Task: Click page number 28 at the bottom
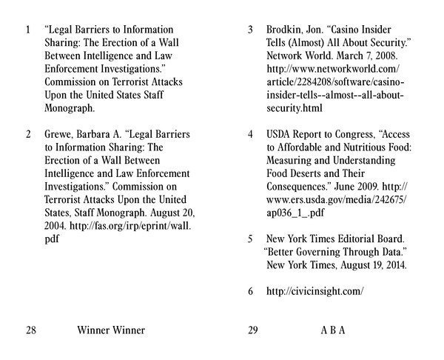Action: click(31, 330)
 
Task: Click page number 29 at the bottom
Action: click(252, 330)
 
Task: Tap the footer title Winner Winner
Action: click(111, 330)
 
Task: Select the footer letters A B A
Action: click(333, 330)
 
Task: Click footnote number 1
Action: click(28, 30)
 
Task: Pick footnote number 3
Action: click(251, 30)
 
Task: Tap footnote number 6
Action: click(251, 291)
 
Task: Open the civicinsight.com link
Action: click(315, 291)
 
